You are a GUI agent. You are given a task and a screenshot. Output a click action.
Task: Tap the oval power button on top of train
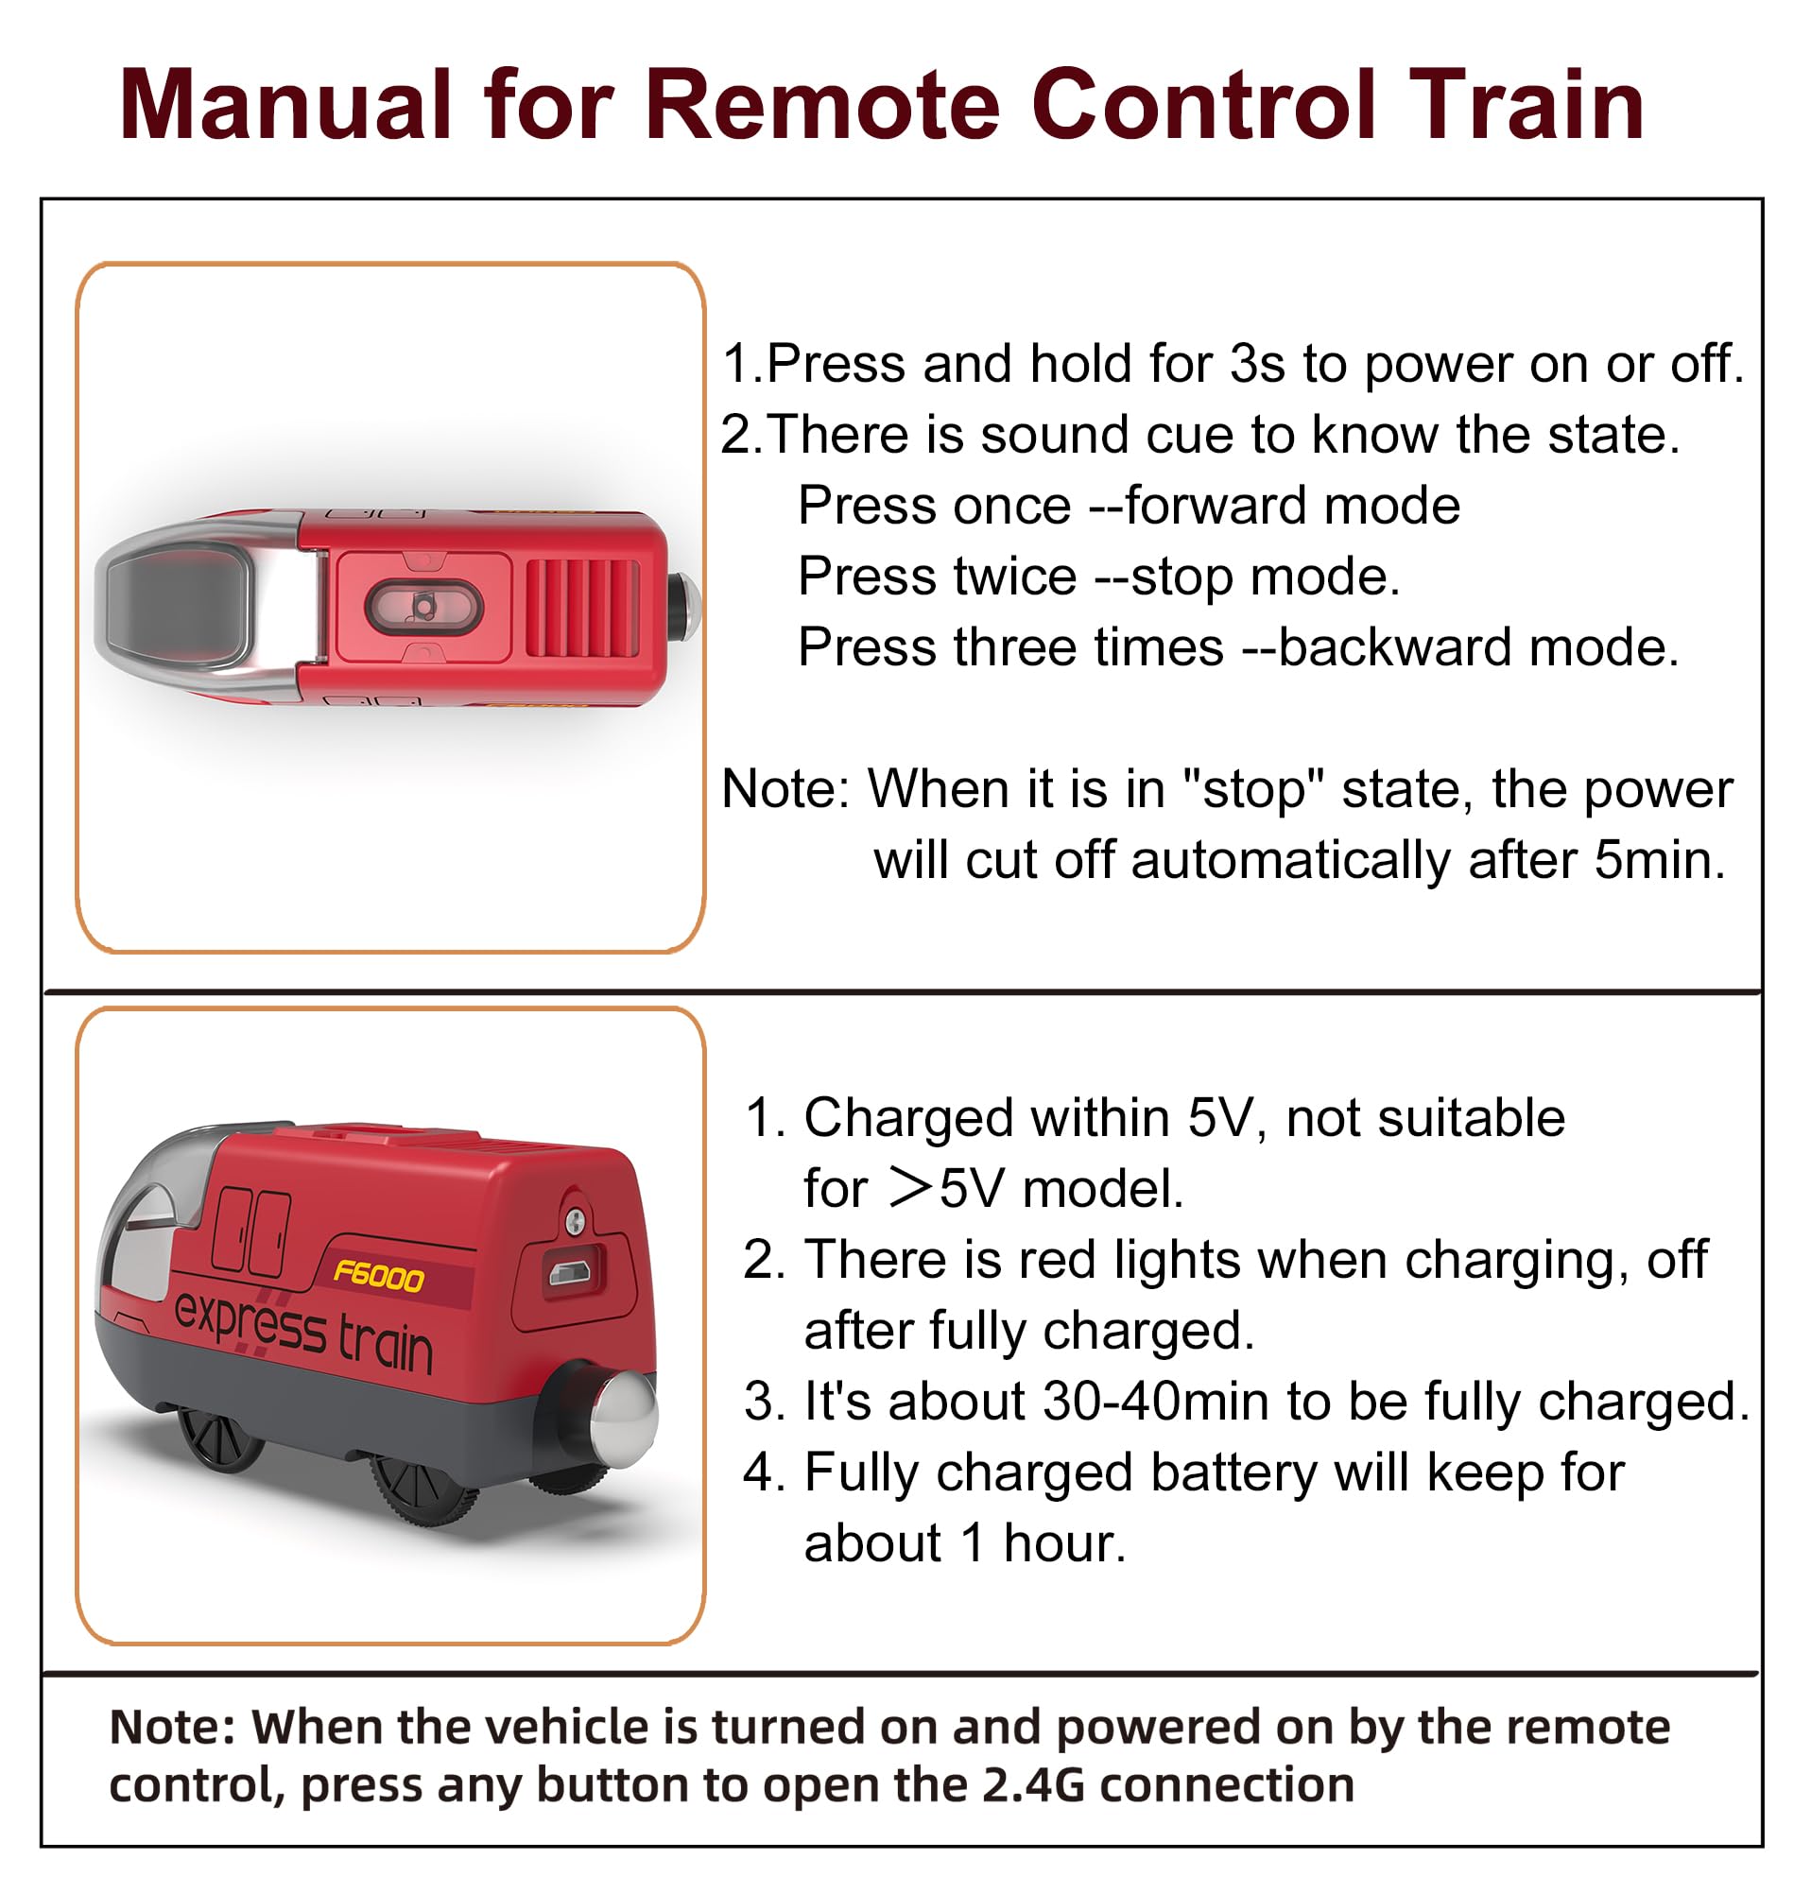[423, 607]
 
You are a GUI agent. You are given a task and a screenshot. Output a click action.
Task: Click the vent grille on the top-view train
[582, 608]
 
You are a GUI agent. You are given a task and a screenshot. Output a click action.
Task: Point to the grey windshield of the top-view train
[178, 607]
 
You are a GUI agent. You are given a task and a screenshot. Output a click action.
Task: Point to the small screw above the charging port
[575, 1222]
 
